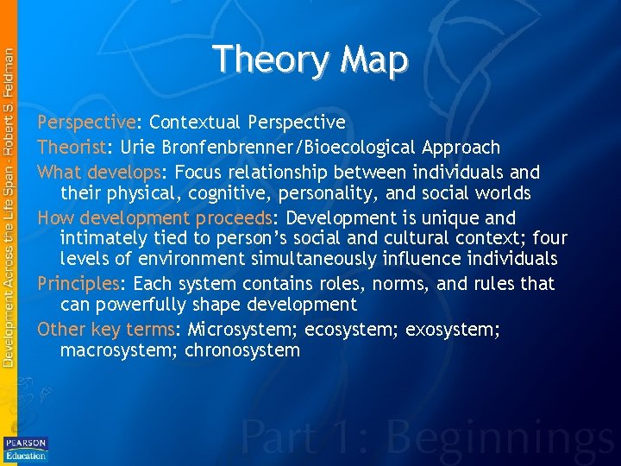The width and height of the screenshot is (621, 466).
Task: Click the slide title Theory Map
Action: [310, 60]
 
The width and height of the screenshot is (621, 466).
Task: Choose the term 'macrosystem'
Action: [117, 350]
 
